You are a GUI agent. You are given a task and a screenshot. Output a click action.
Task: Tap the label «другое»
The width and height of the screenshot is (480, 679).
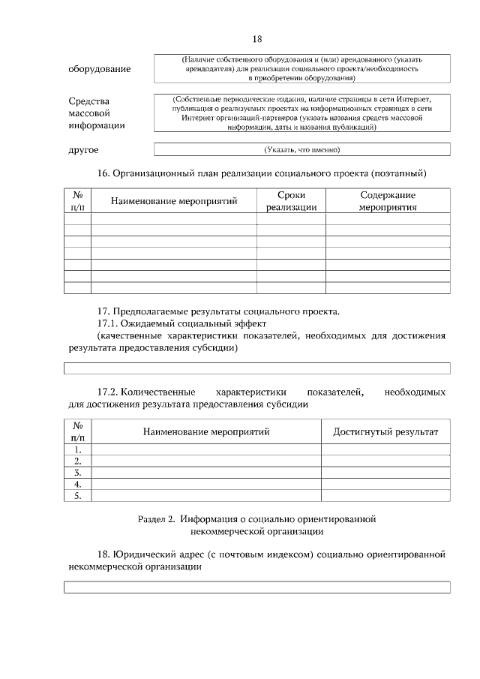pyautogui.click(x=83, y=150)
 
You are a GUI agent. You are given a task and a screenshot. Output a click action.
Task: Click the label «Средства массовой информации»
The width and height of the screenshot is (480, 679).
pyautogui.click(x=97, y=113)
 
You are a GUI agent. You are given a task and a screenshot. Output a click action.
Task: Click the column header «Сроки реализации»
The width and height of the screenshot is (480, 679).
pyautogui.click(x=291, y=200)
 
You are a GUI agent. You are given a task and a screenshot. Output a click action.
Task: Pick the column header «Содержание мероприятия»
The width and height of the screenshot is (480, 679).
pyautogui.click(x=387, y=200)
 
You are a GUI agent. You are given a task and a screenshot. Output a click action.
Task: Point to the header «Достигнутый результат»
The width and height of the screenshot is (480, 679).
pyautogui.click(x=385, y=431)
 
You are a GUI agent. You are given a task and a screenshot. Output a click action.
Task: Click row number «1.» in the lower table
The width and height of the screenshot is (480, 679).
pyautogui.click(x=77, y=449)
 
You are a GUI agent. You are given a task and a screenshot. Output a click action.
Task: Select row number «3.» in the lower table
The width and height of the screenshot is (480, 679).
pyautogui.click(x=77, y=473)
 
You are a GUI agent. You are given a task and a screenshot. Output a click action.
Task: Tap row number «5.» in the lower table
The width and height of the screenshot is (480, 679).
pyautogui.click(x=77, y=496)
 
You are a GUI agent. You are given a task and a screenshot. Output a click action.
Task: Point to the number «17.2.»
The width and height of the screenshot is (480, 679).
pyautogui.click(x=108, y=392)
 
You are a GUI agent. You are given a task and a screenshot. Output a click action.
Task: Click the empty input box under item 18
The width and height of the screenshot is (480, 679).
pyautogui.click(x=256, y=587)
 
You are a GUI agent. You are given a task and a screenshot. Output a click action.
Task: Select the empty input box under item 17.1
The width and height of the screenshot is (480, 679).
pyautogui.click(x=256, y=368)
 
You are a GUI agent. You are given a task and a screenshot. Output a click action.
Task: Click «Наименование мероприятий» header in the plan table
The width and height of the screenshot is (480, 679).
pyautogui.click(x=174, y=200)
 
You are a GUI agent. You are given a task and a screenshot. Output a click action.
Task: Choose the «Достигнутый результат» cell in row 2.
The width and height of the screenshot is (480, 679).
pyautogui.click(x=385, y=461)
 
